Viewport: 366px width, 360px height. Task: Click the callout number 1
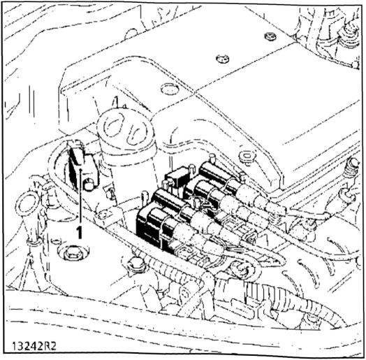[x=80, y=232]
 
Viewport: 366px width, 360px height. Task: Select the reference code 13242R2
[x=34, y=347]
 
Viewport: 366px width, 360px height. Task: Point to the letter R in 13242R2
[x=47, y=347]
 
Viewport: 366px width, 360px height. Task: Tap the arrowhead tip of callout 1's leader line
[x=80, y=168]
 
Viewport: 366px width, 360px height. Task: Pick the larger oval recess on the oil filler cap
[x=113, y=125]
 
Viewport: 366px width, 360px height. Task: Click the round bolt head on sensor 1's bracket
[x=89, y=185]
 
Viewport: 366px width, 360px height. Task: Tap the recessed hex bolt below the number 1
[x=73, y=253]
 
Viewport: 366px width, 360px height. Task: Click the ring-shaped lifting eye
[x=26, y=203]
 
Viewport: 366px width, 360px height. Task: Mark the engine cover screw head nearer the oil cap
[x=222, y=59]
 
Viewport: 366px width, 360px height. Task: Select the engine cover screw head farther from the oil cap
[x=270, y=36]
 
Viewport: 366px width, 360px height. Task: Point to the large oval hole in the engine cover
[x=170, y=89]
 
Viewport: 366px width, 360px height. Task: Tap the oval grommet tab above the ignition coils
[x=248, y=157]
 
